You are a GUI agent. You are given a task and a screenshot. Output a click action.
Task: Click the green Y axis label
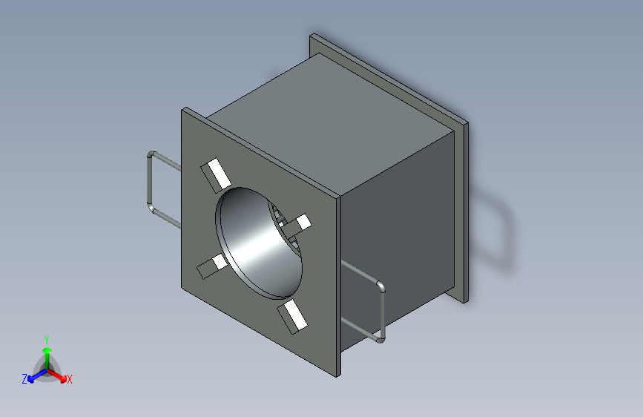coord(46,338)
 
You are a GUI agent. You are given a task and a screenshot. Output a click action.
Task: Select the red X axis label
coord(70,380)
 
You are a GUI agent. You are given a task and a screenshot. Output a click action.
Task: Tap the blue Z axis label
coord(24,379)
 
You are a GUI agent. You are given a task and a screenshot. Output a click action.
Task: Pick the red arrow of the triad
coord(60,375)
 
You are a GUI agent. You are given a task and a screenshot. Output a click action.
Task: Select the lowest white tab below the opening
coord(292,316)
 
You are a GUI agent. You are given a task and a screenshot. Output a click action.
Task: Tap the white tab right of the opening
coord(300,223)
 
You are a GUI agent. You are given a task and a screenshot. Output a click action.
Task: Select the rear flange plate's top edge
coord(389,74)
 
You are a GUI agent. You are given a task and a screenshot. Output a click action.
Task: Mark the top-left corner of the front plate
coord(183,111)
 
